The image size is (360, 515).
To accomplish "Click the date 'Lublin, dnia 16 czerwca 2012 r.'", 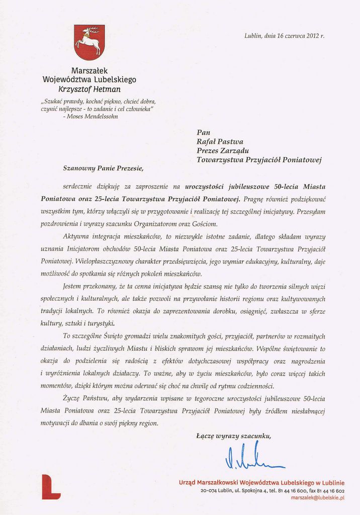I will click(284, 36).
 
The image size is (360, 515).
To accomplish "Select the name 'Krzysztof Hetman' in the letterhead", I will click(89, 89).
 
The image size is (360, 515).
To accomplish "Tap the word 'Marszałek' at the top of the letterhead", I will click(89, 70).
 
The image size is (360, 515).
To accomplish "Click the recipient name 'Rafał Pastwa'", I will click(220, 141).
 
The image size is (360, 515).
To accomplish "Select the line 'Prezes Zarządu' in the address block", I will click(222, 150).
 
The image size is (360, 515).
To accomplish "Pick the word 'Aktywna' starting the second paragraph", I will click(76, 236).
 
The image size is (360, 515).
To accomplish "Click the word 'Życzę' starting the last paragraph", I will click(72, 398).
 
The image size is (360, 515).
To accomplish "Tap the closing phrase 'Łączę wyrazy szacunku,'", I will click(233, 436).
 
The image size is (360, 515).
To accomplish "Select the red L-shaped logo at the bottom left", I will click(51, 486).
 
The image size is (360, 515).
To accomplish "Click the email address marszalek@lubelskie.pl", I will click(317, 497).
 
